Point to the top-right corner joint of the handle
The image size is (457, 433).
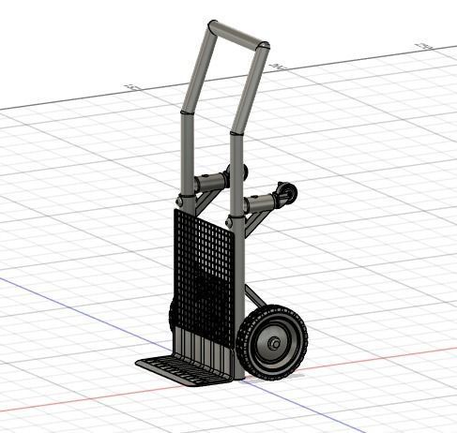coord(265,47)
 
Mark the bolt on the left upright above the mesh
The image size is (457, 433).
coord(179,200)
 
